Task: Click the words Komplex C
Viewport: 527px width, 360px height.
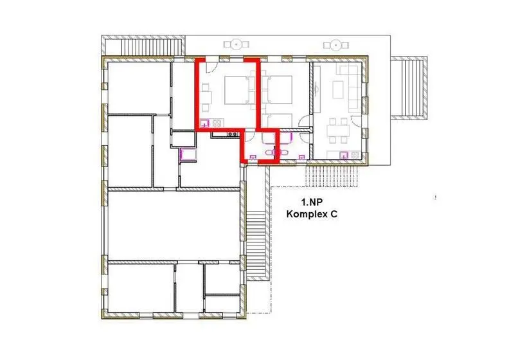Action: (312, 214)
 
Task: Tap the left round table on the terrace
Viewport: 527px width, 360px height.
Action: (237, 44)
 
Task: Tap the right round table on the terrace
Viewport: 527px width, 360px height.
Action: (335, 45)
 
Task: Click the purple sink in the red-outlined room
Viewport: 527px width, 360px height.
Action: (204, 123)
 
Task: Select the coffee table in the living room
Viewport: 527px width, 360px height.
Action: (338, 89)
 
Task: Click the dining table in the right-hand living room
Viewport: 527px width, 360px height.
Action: (338, 130)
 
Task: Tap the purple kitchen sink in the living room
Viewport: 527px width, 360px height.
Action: (344, 155)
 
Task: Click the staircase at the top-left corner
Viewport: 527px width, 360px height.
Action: (143, 46)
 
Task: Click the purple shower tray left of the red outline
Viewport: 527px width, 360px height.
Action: (188, 155)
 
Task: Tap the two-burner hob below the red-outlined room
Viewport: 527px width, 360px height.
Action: (232, 134)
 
